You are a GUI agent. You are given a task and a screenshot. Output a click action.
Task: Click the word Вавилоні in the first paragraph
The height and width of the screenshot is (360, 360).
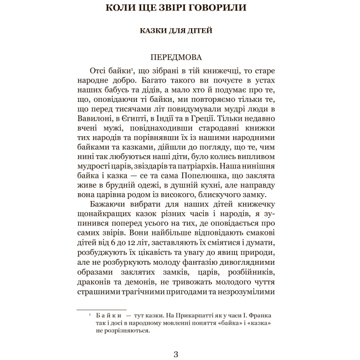click(95, 117)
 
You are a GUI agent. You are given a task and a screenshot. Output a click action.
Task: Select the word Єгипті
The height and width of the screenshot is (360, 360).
click(140, 117)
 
